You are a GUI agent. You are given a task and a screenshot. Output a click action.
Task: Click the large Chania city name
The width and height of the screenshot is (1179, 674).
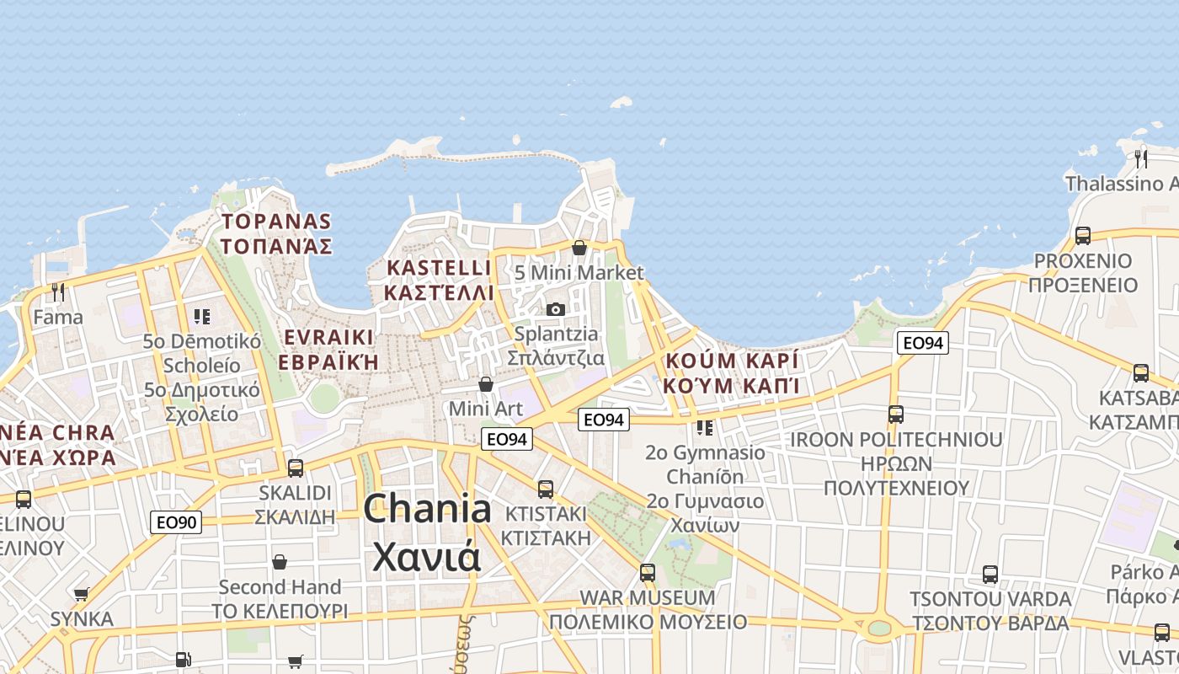tap(427, 510)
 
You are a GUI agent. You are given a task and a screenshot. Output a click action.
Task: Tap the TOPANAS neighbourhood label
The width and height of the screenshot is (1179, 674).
tap(276, 222)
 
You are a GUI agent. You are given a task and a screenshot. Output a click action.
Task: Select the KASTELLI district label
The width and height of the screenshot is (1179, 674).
tap(438, 269)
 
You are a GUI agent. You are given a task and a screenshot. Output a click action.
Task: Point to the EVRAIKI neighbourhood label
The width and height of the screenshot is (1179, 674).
tap(328, 338)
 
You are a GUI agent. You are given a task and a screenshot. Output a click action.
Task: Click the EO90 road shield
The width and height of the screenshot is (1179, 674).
tap(176, 522)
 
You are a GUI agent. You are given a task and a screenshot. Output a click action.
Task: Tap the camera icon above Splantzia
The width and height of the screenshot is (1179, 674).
tap(555, 309)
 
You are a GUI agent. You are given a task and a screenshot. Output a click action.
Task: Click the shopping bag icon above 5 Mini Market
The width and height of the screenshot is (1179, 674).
tap(579, 248)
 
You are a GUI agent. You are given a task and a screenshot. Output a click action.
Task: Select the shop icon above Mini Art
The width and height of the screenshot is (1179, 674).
tap(486, 384)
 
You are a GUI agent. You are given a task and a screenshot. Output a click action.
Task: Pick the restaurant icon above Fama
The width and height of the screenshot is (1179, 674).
tap(58, 292)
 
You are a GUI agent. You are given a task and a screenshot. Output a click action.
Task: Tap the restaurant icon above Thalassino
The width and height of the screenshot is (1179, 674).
tap(1141, 158)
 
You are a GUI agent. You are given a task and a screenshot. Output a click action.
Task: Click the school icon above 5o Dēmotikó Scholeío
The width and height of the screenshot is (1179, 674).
tap(201, 317)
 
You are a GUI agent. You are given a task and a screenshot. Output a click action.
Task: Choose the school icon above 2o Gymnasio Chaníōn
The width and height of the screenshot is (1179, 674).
tap(705, 428)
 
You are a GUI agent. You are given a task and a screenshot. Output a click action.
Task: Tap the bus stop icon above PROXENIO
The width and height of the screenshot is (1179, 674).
tap(1083, 236)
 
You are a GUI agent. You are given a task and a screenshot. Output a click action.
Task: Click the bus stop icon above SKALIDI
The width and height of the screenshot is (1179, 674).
tap(296, 468)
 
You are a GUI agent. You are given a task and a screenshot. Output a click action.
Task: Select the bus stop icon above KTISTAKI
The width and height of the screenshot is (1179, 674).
tap(546, 489)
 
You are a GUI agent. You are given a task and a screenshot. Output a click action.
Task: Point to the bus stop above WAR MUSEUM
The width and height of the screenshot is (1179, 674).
tap(647, 573)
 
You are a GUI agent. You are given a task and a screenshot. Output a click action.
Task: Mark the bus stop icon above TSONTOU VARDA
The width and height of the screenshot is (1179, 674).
tap(990, 575)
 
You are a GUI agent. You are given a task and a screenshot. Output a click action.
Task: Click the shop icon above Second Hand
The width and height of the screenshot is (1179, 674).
tap(280, 562)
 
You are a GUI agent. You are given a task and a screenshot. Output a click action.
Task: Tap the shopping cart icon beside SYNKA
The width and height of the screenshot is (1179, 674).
tap(82, 595)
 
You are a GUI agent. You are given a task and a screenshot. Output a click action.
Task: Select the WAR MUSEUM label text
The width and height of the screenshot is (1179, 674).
tap(648, 598)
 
